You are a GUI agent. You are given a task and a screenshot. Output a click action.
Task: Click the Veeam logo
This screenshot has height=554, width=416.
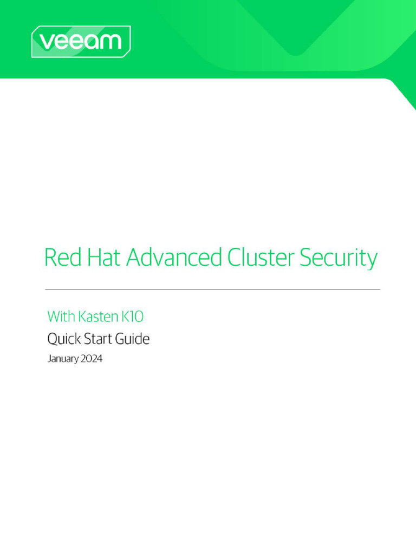pyautogui.click(x=81, y=42)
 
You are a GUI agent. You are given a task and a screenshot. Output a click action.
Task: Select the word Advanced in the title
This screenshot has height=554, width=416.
pyautogui.click(x=174, y=258)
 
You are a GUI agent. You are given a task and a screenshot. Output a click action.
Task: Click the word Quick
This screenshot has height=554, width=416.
pyautogui.click(x=62, y=339)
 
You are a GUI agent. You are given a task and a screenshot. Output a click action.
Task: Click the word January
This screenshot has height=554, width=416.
pyautogui.click(x=63, y=359)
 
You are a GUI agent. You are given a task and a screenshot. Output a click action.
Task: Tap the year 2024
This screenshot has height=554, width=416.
pyautogui.click(x=92, y=358)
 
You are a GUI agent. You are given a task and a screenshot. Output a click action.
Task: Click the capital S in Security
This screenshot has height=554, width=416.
pyautogui.click(x=306, y=258)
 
